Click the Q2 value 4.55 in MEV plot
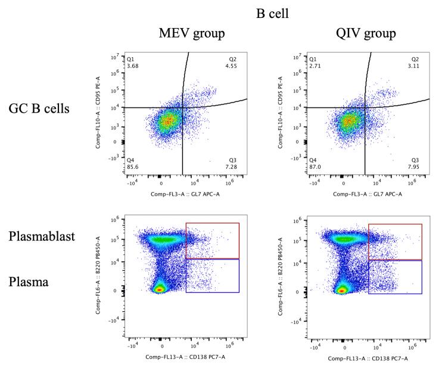coord(231,66)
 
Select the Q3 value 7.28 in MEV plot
coord(231,167)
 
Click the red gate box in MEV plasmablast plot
coord(212,240)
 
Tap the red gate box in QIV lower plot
coord(395,242)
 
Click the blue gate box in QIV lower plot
coord(395,277)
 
